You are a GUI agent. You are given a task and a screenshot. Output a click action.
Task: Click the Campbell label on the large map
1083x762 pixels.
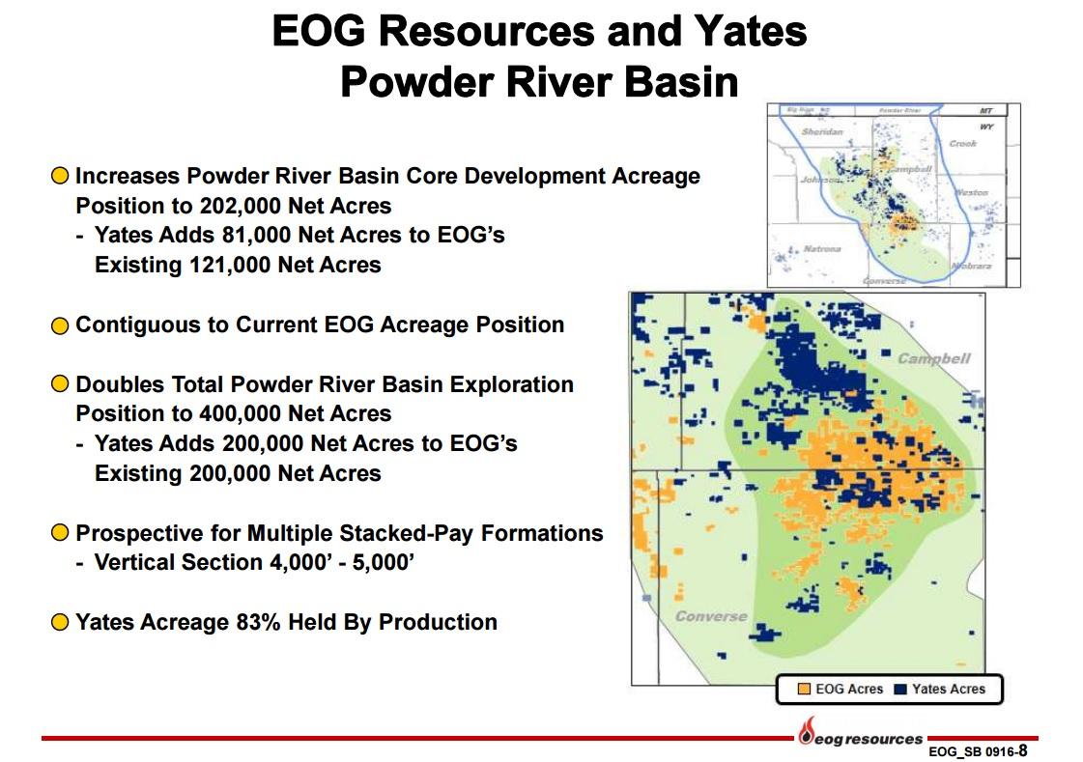[933, 358]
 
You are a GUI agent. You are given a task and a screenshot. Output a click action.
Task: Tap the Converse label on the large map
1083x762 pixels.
[710, 616]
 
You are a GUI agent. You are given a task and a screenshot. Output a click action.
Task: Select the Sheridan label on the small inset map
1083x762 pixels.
[822, 130]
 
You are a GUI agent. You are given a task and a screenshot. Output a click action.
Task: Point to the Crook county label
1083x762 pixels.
[962, 143]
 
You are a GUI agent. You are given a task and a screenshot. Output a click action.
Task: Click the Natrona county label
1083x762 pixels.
[821, 248]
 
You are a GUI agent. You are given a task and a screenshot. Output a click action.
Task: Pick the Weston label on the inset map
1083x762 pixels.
[971, 192]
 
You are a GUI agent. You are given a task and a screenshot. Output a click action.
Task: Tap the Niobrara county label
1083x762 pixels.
[970, 265]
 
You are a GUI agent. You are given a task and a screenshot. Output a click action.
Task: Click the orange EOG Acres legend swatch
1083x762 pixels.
[803, 689]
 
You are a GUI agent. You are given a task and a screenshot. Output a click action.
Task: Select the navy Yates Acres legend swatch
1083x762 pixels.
[900, 689]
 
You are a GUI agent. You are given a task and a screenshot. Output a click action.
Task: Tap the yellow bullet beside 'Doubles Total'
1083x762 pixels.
[60, 384]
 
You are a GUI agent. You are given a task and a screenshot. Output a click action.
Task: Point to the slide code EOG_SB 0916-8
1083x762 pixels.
[977, 750]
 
